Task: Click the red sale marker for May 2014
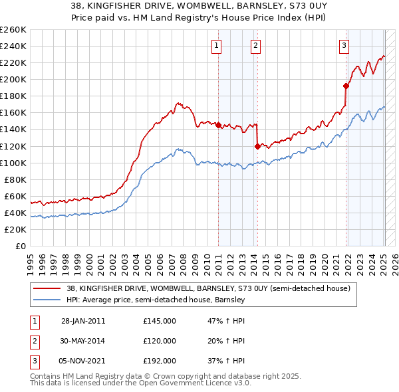[x=257, y=146]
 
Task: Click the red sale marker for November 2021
[x=346, y=86]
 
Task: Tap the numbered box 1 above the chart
[x=217, y=45]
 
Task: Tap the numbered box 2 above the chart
[x=255, y=45]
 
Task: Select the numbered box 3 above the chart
[x=344, y=45]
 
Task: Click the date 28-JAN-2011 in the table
[x=83, y=321]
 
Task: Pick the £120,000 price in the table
[x=160, y=341]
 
